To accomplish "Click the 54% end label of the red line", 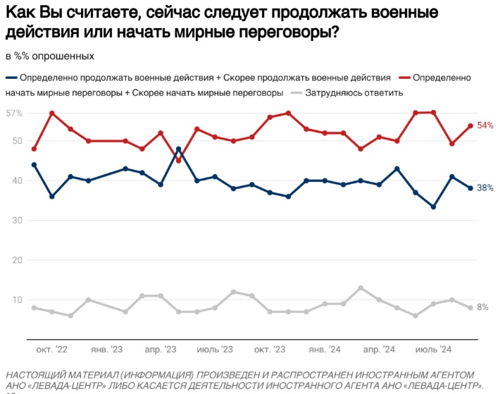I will [485, 125].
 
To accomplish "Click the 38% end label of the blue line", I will [485, 188].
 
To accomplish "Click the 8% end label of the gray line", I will [483, 307].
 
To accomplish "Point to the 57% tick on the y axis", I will [14, 113].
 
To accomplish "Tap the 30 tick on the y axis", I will [18, 221].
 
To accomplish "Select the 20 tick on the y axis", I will [18, 260].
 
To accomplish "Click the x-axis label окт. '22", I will [52, 350].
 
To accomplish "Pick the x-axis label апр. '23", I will [160, 350].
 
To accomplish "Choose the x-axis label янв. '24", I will [324, 350].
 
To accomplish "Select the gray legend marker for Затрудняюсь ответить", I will [298, 92].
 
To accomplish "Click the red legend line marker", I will [404, 78].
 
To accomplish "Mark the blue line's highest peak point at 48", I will [179, 149].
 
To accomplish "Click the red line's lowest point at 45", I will [179, 161].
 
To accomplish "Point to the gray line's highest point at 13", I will [361, 288].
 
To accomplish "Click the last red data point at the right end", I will [471, 126].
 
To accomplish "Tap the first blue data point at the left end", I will [34, 165].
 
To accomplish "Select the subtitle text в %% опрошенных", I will [49, 56].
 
